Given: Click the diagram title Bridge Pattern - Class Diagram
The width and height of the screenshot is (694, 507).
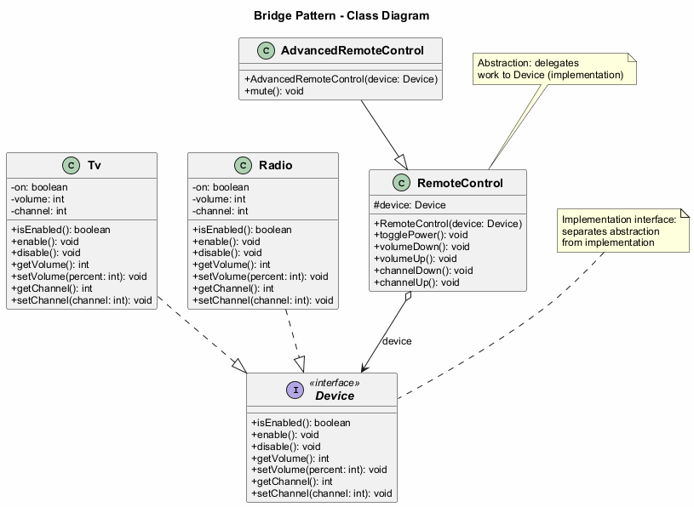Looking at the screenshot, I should [x=341, y=15].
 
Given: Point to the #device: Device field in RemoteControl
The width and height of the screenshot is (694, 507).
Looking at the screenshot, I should [x=410, y=205].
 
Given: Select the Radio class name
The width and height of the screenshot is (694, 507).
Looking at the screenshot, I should [x=277, y=165].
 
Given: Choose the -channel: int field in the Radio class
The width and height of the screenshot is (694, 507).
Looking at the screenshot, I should [x=221, y=211].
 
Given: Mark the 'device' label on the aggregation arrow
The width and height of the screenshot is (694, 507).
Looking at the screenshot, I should [x=397, y=341].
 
